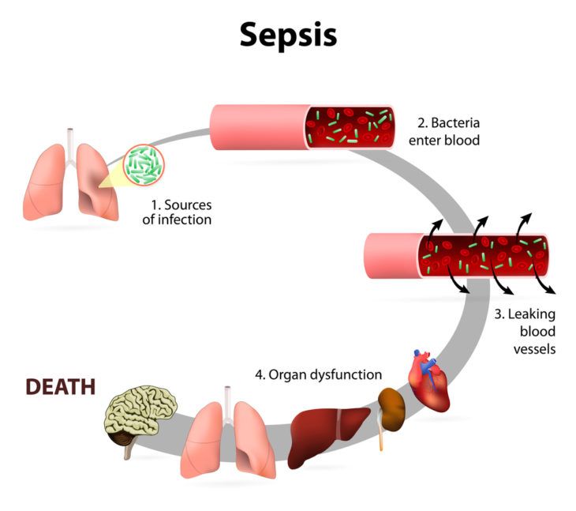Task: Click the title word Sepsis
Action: tap(288, 35)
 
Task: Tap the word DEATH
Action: tap(61, 387)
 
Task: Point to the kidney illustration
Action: tap(391, 405)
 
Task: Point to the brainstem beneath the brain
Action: tap(126, 450)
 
